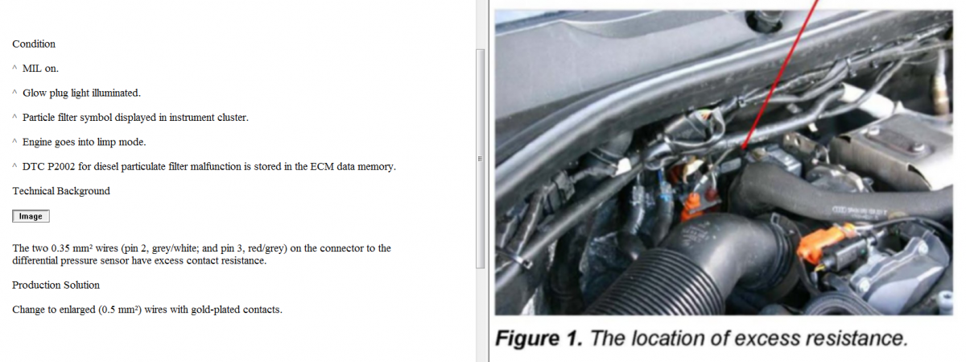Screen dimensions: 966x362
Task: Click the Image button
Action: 31,216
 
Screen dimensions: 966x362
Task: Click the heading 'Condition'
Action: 34,44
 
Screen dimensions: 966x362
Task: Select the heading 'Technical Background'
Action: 61,191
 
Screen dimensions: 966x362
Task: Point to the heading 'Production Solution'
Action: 56,285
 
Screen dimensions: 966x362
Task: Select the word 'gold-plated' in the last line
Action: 216,310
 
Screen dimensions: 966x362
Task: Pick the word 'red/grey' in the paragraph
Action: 265,249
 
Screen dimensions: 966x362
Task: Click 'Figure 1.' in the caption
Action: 539,339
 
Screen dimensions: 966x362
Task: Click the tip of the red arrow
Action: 742,149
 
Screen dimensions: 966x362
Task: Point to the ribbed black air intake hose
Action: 673,277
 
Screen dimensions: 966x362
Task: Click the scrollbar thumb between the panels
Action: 480,159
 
